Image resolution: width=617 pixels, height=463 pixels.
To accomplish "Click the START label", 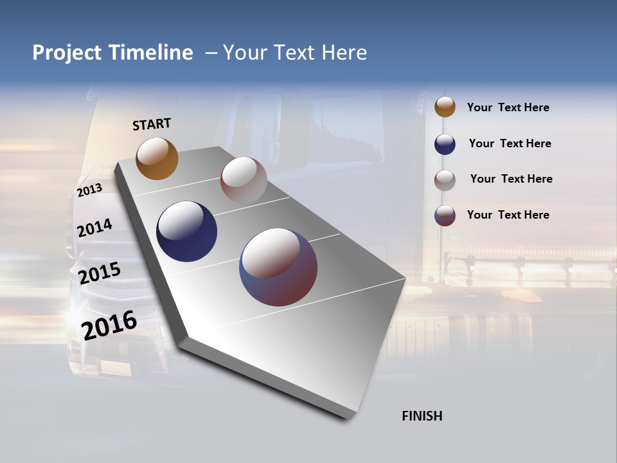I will pyautogui.click(x=152, y=124).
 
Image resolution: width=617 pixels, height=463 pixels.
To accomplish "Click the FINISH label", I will pyautogui.click(x=422, y=416).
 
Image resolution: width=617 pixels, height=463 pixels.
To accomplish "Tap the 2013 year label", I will pyautogui.click(x=89, y=190).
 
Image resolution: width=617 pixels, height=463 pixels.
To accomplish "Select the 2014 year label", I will pyautogui.click(x=94, y=228).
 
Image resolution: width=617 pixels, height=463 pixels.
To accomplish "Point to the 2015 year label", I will pyautogui.click(x=99, y=273).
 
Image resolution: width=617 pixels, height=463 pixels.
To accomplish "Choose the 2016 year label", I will pyautogui.click(x=109, y=325).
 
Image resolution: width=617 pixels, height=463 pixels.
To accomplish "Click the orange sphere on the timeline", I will pyautogui.click(x=157, y=158).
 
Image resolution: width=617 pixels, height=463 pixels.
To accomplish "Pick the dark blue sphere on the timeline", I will pyautogui.click(x=186, y=232).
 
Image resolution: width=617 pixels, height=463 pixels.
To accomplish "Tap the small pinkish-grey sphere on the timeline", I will pyautogui.click(x=244, y=180).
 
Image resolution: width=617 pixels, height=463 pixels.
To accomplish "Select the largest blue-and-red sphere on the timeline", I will pyautogui.click(x=278, y=267).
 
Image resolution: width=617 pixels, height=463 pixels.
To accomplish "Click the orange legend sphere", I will pyautogui.click(x=445, y=107).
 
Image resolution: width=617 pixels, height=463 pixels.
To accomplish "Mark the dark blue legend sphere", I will pyautogui.click(x=445, y=144).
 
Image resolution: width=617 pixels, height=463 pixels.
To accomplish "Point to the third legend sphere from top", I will pyautogui.click(x=445, y=180).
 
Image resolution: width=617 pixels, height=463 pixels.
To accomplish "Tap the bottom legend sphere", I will pyautogui.click(x=445, y=215).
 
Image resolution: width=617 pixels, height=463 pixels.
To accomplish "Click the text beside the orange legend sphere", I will pyautogui.click(x=508, y=108).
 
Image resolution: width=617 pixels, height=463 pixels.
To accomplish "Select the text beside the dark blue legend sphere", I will pyautogui.click(x=510, y=143).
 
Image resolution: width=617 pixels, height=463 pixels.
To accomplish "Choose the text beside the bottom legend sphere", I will pyautogui.click(x=508, y=215).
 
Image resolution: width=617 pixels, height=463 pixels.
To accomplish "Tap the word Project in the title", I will pyautogui.click(x=67, y=53).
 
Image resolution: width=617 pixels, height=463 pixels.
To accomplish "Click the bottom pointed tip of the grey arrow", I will pyautogui.click(x=347, y=418).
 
